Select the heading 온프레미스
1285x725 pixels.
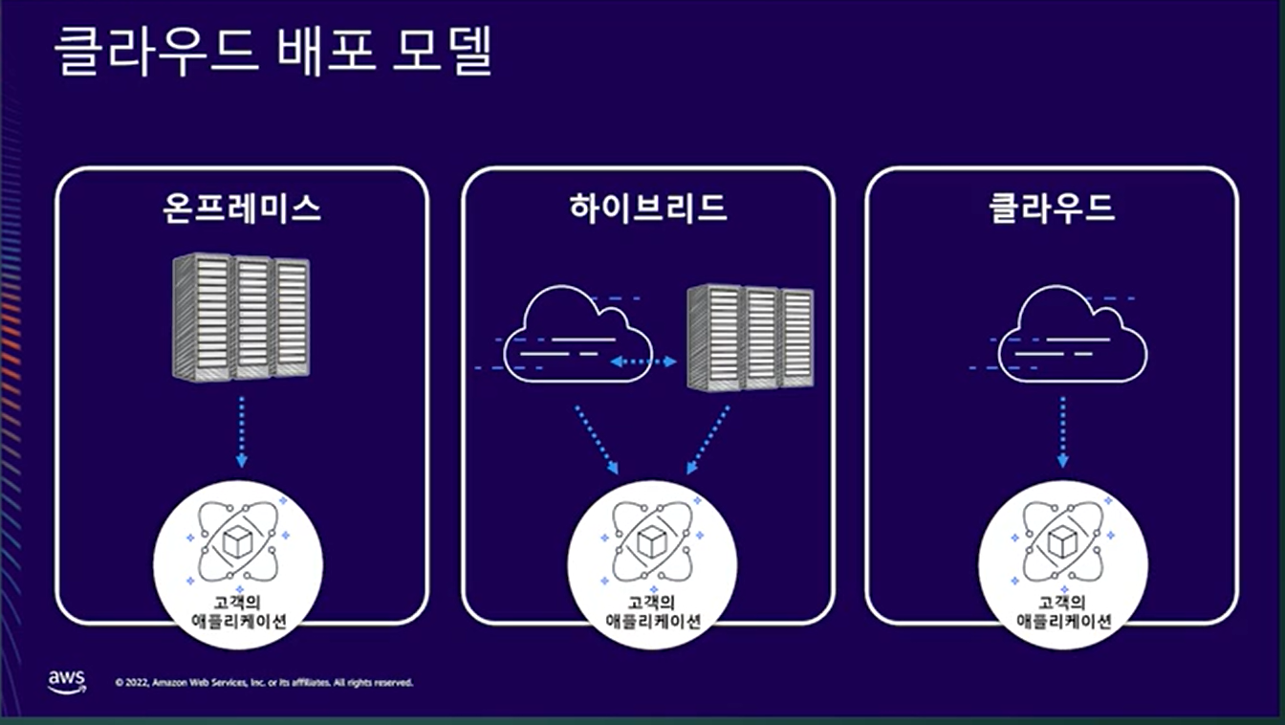tap(241, 208)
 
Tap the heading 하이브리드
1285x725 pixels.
tap(647, 208)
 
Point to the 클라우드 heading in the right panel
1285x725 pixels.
tap(1052, 208)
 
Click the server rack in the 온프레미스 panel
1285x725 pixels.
tap(241, 317)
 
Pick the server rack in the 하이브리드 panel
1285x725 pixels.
tap(751, 337)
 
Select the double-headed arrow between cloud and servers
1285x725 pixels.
tap(643, 362)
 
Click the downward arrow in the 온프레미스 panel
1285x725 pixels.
tap(241, 430)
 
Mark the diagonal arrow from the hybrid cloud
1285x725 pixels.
tap(596, 439)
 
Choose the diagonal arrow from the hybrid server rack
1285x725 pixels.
tap(708, 439)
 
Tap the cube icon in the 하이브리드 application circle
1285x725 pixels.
tap(651, 542)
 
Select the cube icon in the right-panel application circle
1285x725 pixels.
tap(1062, 542)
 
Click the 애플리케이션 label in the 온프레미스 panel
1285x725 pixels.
tap(239, 621)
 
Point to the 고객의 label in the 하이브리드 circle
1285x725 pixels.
tap(653, 603)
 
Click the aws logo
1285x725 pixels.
tap(66, 681)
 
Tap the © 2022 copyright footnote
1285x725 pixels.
tap(264, 683)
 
